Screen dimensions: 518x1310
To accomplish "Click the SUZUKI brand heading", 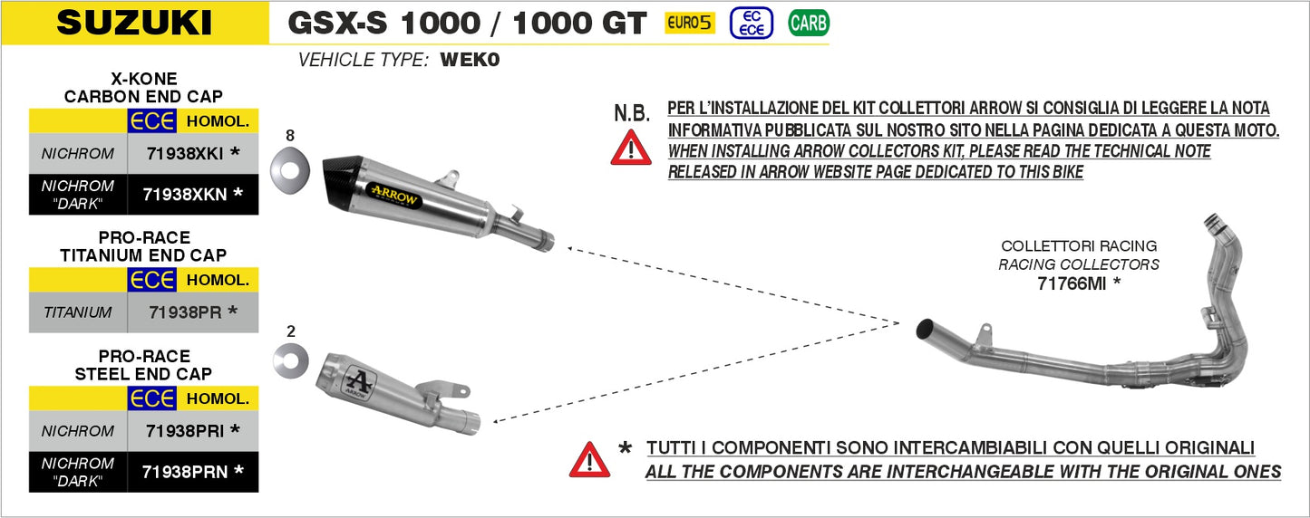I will [x=134, y=23].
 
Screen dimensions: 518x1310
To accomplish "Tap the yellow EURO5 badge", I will [x=690, y=24].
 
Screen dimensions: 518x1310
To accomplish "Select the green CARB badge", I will [x=809, y=24].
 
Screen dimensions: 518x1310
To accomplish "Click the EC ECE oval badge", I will [x=752, y=24].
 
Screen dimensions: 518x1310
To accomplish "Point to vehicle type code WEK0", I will [x=470, y=61].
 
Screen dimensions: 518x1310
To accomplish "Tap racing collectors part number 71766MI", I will [x=1079, y=283].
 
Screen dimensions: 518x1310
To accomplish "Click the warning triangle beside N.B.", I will [x=631, y=148].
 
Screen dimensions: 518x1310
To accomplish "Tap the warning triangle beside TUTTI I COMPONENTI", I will [x=589, y=460].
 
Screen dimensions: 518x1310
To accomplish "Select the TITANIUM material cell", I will [x=78, y=312].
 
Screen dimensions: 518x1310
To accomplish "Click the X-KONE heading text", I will [x=143, y=79].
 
